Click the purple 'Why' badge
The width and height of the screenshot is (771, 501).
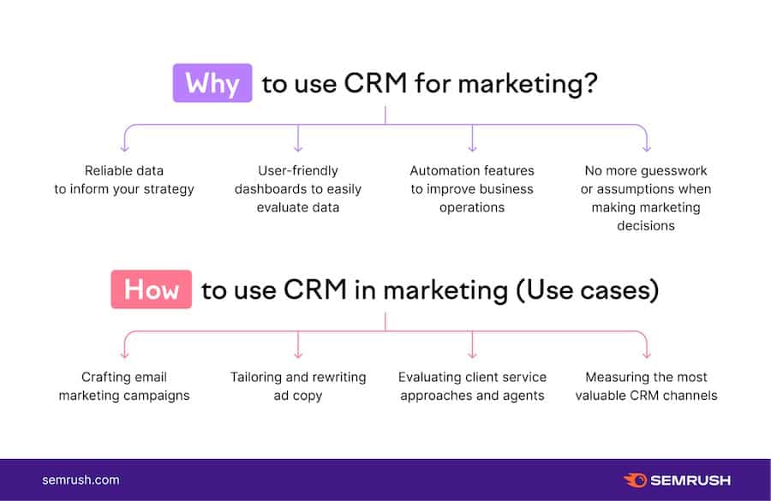212,82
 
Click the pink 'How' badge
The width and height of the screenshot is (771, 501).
152,289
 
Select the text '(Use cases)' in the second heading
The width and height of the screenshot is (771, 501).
588,290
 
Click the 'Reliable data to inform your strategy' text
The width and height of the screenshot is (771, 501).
124,180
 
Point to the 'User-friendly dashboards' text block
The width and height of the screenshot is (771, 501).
298,188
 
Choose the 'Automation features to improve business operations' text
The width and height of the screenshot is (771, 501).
472,188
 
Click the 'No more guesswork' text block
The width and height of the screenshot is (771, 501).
646,198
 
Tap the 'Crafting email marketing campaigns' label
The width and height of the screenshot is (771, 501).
124,386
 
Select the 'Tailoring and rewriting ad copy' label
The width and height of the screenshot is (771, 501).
298,386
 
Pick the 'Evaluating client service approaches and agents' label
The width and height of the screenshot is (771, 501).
472,386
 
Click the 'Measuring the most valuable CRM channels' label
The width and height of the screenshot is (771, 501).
646,386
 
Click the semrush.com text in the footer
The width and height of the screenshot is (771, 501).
81,480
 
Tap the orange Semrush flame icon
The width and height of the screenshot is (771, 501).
636,480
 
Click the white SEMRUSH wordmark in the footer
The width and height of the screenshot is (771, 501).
690,480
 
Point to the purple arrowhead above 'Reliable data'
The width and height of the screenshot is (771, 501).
125,147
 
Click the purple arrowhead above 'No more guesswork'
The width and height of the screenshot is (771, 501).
647,147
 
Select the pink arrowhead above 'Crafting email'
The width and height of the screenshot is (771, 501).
125,354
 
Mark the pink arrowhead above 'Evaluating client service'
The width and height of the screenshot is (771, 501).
472,354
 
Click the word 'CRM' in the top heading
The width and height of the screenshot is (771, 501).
375,82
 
